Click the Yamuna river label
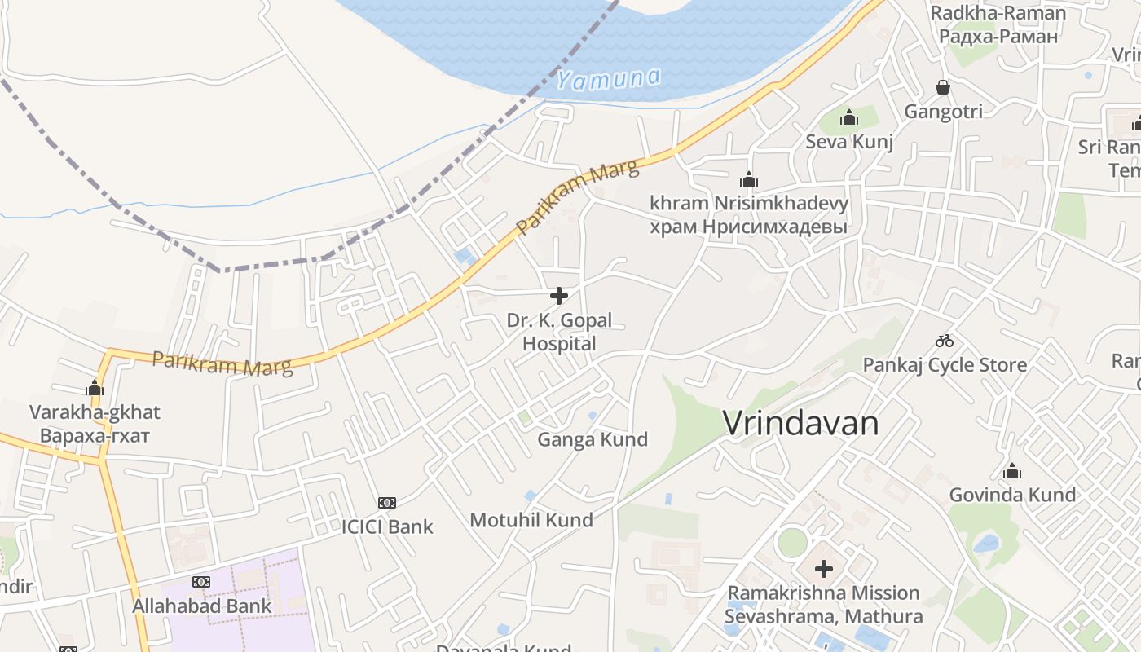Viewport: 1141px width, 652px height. (608, 78)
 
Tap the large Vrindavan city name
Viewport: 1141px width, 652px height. (800, 424)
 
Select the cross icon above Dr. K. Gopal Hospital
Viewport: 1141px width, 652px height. (559, 295)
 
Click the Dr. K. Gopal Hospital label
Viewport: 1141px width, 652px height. (559, 332)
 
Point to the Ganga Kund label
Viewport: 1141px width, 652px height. (593, 440)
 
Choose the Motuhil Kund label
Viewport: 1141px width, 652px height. (531, 520)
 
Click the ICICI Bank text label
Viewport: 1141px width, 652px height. (387, 526)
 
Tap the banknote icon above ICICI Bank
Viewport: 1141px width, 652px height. (387, 503)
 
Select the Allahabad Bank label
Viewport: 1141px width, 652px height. (202, 606)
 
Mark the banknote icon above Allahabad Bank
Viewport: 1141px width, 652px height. (201, 582)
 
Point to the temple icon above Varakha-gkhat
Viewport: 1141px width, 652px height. (95, 389)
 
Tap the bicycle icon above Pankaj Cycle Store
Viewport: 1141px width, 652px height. (945, 341)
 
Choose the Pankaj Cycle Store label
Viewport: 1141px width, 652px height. (945, 364)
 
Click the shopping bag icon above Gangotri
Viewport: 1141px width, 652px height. (943, 87)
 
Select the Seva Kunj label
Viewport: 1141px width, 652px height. (849, 142)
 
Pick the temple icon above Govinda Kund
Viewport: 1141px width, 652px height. (1012, 471)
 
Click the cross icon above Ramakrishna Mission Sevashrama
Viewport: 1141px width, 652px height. (824, 568)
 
